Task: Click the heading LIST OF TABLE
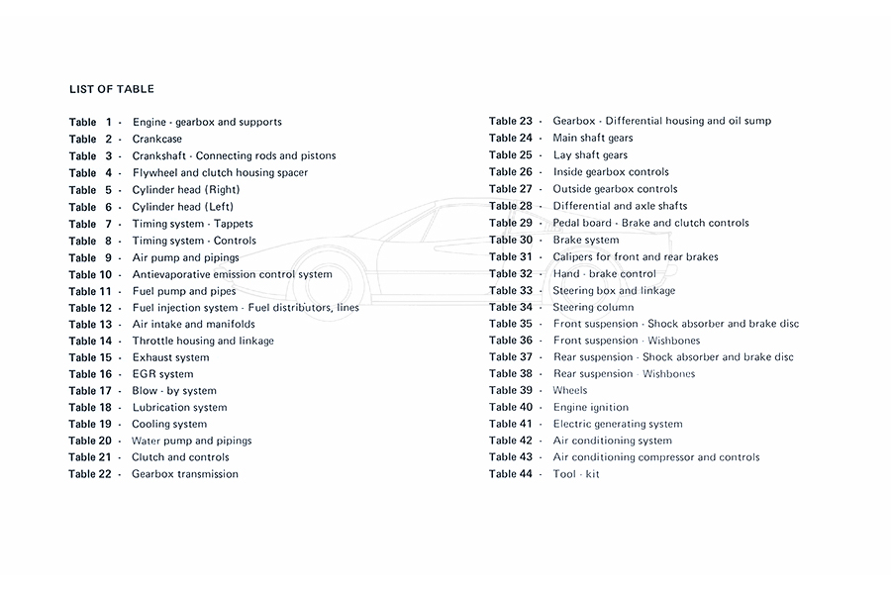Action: [112, 89]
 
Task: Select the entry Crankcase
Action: [157, 139]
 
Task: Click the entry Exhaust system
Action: [170, 357]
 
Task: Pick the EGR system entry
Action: [162, 374]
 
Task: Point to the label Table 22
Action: [90, 474]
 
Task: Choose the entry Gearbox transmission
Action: [185, 474]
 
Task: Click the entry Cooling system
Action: [169, 424]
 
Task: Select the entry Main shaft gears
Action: [593, 138]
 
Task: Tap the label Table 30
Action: [511, 240]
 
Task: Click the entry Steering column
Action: [594, 307]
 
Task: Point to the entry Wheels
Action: [570, 390]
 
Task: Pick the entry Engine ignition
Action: [591, 407]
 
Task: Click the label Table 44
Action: [511, 474]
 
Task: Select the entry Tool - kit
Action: [576, 474]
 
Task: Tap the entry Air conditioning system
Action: [613, 441]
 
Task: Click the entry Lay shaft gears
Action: [590, 154]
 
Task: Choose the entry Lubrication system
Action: [179, 407]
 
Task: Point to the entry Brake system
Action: [586, 240]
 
